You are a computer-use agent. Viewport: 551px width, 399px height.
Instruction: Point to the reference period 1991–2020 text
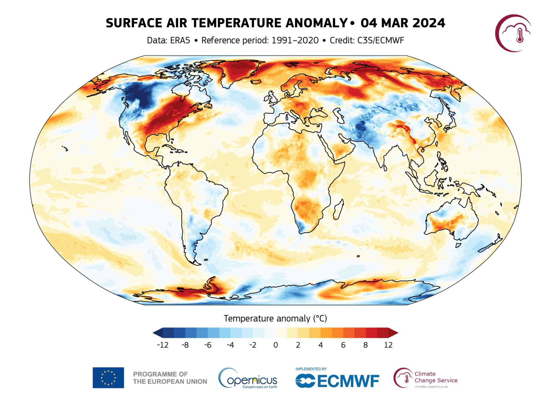coord(295,40)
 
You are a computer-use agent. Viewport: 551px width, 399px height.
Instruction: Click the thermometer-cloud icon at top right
coord(514,33)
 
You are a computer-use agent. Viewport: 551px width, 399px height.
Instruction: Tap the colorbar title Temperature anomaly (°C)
coord(275,319)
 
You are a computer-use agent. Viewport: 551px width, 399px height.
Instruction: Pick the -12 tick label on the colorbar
coord(163,345)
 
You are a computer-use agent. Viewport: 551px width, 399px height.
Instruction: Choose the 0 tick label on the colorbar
coord(275,345)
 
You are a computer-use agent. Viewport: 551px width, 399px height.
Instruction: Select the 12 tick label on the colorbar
coord(388,345)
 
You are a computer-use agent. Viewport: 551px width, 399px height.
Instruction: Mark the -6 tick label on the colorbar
coord(208,345)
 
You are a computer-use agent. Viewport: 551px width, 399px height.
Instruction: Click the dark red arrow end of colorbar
coord(393,333)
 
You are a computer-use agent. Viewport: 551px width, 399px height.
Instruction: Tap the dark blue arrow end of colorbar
coord(157,333)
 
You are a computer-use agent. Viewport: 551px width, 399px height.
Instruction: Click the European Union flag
coord(108,378)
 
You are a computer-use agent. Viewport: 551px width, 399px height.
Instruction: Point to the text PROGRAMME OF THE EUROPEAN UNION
coord(170,378)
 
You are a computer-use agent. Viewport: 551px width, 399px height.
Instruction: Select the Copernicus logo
coord(248,378)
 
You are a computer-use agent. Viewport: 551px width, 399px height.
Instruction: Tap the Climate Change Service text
coord(436,377)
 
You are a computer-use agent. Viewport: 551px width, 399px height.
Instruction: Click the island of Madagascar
coord(338,210)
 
